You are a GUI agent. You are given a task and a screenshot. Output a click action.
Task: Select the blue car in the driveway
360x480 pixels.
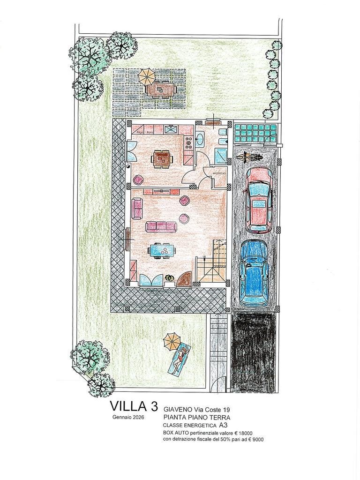pos(254,274)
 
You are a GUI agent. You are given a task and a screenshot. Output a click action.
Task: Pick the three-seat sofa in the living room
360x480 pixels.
pos(160,227)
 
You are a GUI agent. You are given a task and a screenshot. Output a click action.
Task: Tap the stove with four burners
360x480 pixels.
pos(189,142)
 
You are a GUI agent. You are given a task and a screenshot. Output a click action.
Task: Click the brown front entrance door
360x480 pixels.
pos(185,278)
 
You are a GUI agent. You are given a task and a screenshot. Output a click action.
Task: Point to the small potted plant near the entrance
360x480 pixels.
pos(170,279)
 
